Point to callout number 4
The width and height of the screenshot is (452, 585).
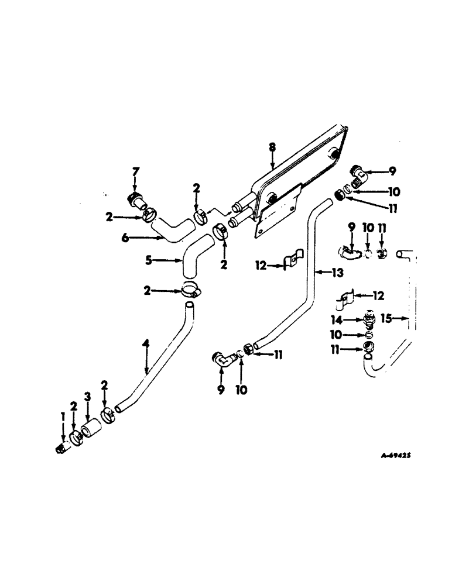(x=146, y=346)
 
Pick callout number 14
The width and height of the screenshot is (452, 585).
(x=353, y=320)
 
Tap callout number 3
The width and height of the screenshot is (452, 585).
(x=88, y=397)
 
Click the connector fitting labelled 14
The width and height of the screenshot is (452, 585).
(x=369, y=319)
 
